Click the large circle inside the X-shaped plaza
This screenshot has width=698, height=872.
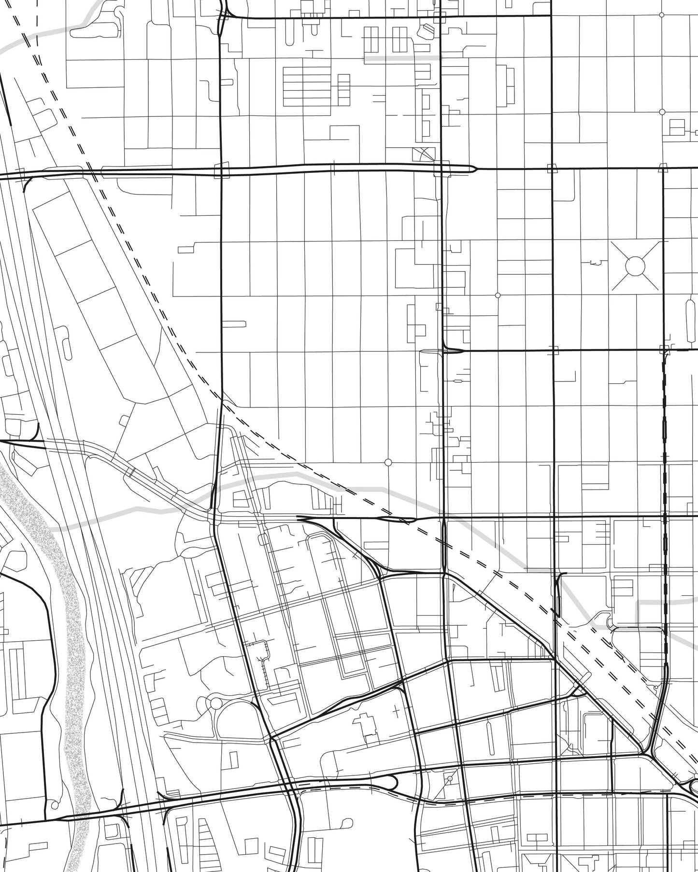point(635,266)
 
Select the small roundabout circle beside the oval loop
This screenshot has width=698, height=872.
point(215,703)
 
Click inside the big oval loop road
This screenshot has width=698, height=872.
point(237,719)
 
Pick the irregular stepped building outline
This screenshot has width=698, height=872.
point(365,724)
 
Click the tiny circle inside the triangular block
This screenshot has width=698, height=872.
point(450,779)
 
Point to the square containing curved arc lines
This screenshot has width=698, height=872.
point(424,155)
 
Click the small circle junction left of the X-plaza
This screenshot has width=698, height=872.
point(498,295)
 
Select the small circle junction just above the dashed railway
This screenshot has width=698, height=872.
point(387,462)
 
